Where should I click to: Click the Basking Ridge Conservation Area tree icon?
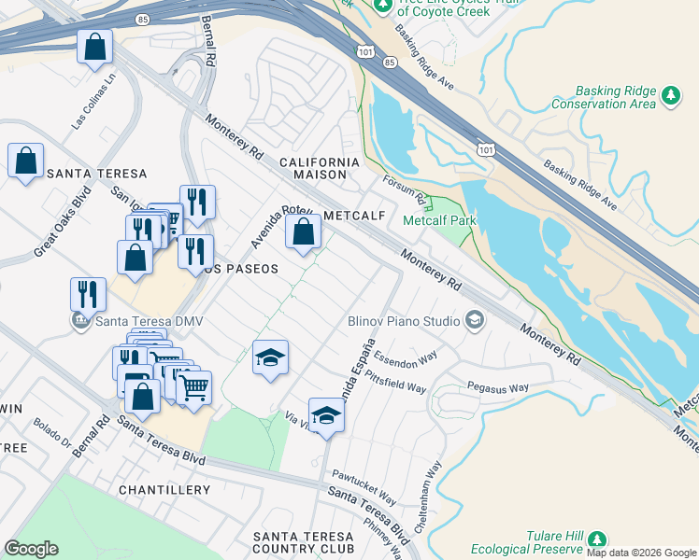tap(670, 95)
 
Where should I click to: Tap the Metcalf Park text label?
tap(439, 221)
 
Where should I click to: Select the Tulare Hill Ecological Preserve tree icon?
tap(595, 540)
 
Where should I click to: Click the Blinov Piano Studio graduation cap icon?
tap(475, 321)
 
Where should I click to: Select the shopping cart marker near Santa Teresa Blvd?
tap(193, 386)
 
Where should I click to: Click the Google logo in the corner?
tap(31, 549)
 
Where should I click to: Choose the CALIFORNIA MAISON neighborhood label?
tap(321, 168)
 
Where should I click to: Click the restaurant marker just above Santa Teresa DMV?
tap(88, 293)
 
